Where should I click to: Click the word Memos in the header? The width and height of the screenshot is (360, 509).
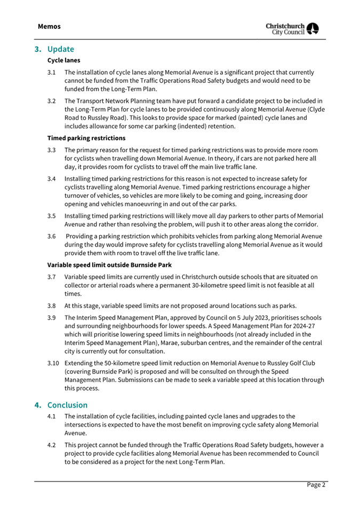point(49,26)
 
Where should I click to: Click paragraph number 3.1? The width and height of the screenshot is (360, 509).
point(52,72)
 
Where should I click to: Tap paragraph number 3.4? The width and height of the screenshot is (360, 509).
point(52,178)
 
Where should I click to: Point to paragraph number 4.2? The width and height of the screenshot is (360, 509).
point(52,445)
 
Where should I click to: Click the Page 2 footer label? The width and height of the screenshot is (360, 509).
point(315,485)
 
